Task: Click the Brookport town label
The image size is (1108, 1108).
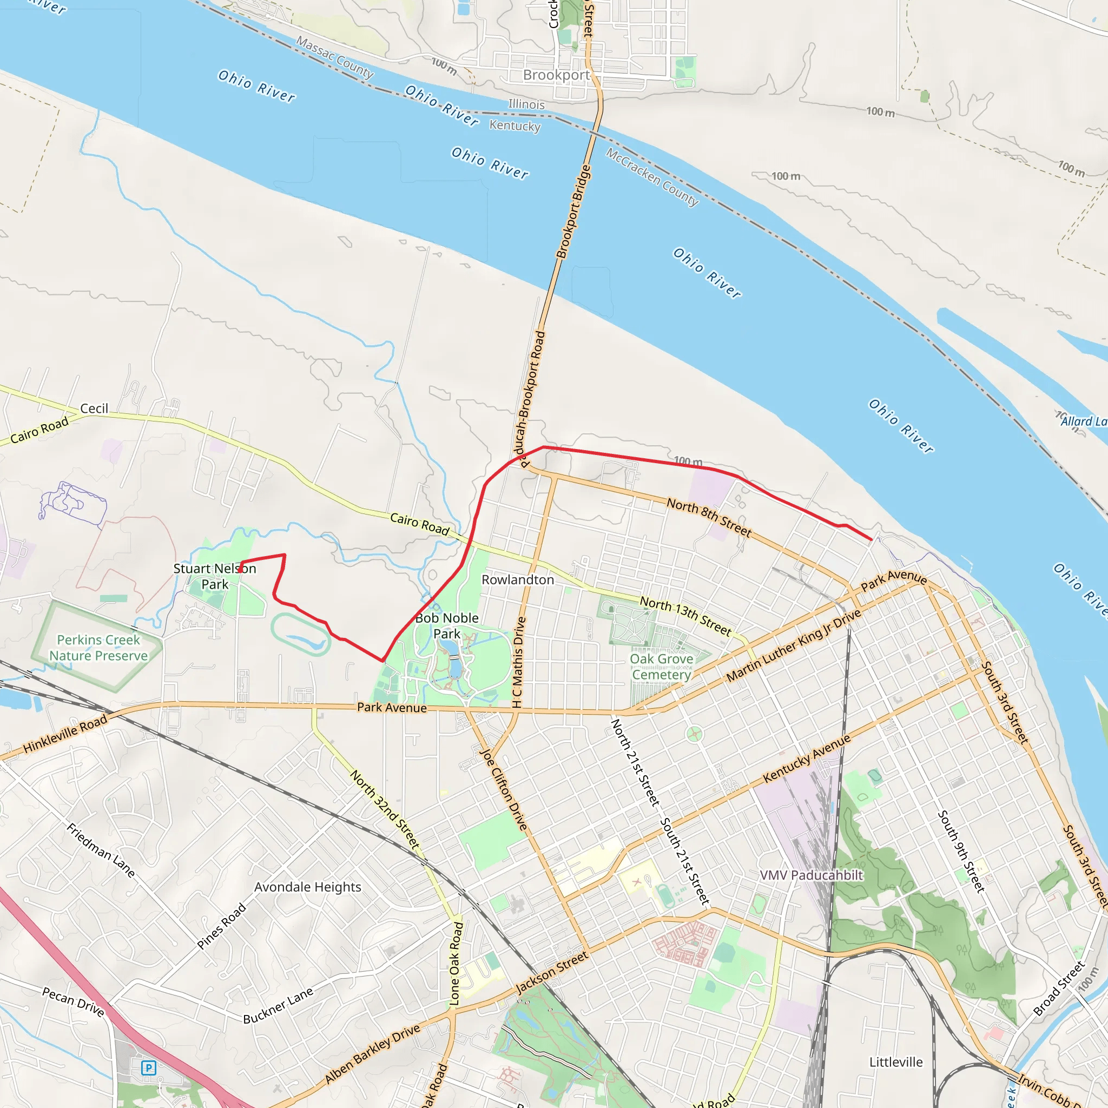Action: [x=556, y=75]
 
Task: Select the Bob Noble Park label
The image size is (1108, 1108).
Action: [x=447, y=626]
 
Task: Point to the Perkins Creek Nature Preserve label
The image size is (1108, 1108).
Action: [x=98, y=648]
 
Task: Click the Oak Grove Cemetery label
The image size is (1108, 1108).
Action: [x=661, y=667]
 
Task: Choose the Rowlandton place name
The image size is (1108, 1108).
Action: [x=517, y=580]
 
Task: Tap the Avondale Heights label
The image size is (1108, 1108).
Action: [x=307, y=887]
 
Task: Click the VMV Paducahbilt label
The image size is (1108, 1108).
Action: [x=811, y=875]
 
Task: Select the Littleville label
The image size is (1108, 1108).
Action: [x=896, y=1061]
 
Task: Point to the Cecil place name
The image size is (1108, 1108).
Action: [x=94, y=408]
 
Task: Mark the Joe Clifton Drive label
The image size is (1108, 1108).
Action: [x=503, y=789]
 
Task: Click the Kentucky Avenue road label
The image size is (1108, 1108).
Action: [x=806, y=759]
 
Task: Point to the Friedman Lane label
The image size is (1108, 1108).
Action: [x=101, y=850]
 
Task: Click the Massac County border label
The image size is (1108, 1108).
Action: [x=334, y=57]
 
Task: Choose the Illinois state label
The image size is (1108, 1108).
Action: [x=526, y=104]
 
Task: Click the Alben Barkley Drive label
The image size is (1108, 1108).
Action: [x=372, y=1054]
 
